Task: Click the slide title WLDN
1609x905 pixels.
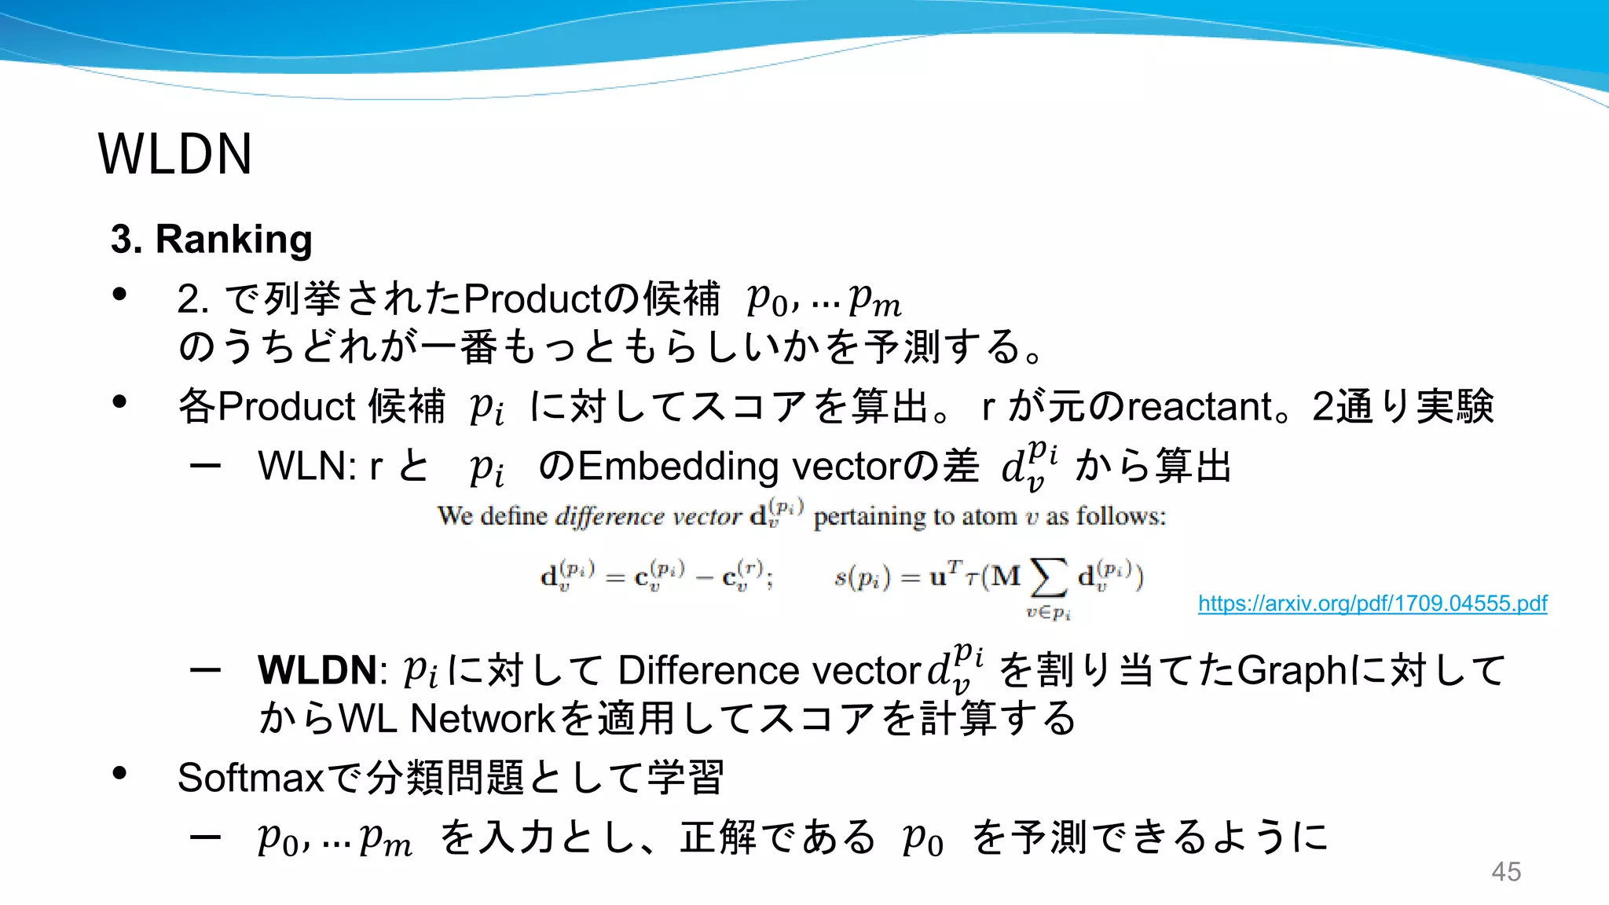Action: pos(174,154)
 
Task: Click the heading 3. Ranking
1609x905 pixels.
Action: pos(211,239)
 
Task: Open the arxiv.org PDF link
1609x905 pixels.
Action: pos(1372,603)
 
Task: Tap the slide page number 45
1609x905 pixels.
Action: pos(1505,871)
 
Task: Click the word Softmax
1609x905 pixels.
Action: pos(251,778)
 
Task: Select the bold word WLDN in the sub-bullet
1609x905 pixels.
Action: pos(317,670)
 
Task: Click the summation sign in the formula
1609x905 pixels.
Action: pos(1049,577)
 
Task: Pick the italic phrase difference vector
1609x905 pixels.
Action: pos(647,516)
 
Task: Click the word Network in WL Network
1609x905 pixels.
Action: pos(482,718)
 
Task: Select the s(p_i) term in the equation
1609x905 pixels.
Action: pos(862,578)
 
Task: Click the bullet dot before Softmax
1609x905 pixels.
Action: pos(119,774)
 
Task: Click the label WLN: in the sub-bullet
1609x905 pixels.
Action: pos(307,466)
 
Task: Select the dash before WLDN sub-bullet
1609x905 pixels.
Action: pos(205,670)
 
